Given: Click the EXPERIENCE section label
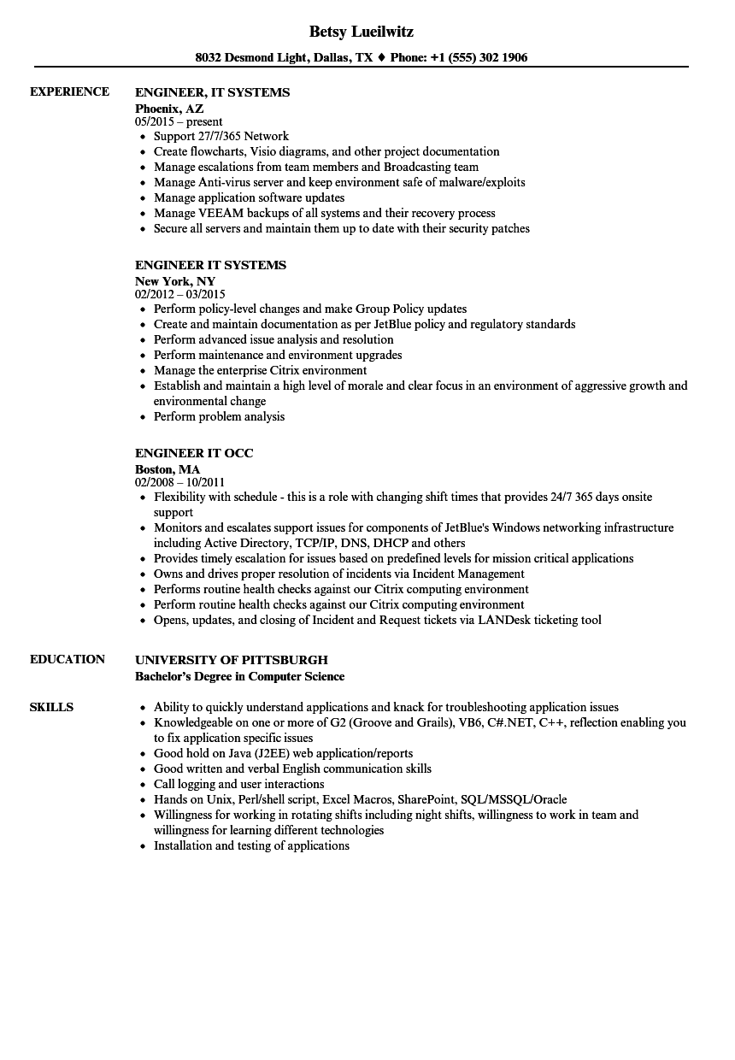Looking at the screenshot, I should point(69,91).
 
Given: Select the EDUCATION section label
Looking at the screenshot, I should point(68,659).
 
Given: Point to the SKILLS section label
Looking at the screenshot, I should point(51,707).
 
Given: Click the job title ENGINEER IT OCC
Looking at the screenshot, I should point(194,453).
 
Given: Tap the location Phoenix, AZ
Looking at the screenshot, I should point(169,108).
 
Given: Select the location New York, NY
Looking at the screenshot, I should point(175,280).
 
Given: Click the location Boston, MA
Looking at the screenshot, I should point(168,468).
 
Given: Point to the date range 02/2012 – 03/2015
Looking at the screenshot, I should point(179,294).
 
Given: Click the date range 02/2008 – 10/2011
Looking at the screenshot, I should point(179,482).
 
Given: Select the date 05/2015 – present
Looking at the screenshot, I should point(179,121).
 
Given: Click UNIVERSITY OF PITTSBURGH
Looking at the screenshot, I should point(231,660).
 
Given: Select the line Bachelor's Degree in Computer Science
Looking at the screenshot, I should point(239,676).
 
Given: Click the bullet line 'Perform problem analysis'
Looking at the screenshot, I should point(219,416).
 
